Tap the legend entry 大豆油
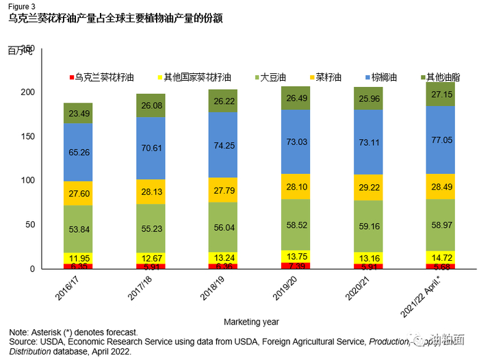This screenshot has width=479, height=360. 271,78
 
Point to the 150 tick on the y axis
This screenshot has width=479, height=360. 29,136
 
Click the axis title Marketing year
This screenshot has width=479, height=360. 251,322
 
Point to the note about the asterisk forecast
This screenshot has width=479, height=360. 74,333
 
